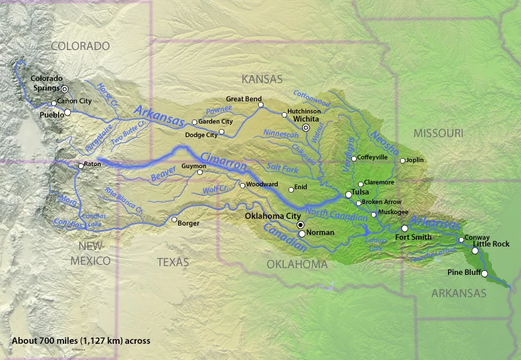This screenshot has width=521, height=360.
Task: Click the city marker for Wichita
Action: coord(305,127)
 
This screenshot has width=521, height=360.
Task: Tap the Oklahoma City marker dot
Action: coord(301,225)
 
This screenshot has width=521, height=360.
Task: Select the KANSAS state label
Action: coord(262,79)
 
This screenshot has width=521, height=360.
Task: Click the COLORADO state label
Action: coord(80,46)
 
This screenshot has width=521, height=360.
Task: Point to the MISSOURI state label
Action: coord(439,132)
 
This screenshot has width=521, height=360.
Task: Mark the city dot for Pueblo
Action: coord(67,113)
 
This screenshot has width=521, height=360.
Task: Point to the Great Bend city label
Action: coord(243,99)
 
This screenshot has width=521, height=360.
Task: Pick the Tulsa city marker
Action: coord(349,194)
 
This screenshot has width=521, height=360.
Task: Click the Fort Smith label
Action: coord(413,237)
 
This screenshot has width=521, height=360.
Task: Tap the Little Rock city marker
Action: coord(475,251)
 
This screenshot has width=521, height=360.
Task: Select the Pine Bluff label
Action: coord(464,272)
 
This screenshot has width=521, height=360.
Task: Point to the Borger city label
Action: coord(189,223)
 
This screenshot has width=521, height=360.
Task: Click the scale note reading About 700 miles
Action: coord(81,341)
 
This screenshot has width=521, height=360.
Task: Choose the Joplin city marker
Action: coord(403,161)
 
